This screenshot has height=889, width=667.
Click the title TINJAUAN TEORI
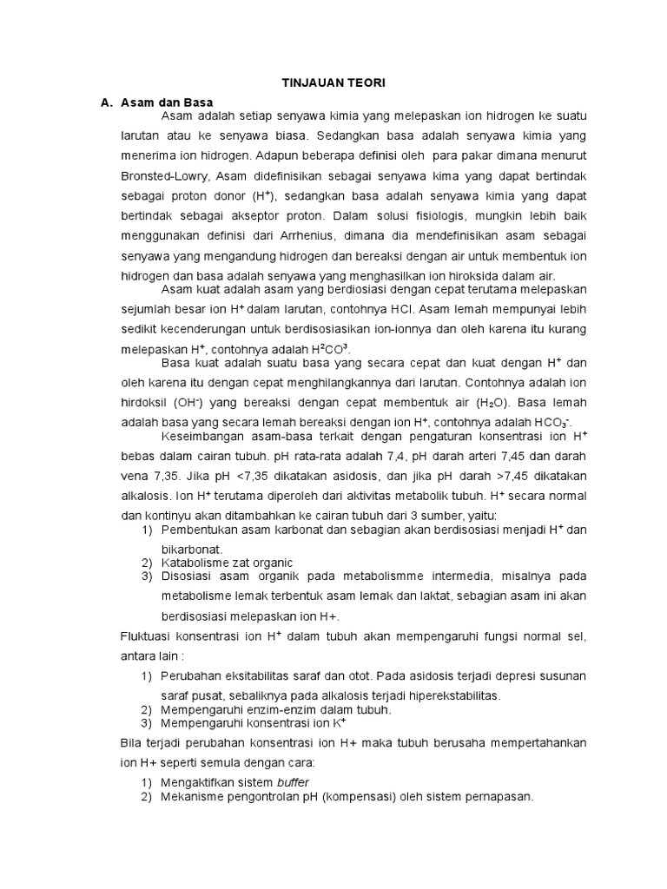click(333, 82)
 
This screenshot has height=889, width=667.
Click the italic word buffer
click(293, 781)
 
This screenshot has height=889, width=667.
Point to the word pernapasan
click(496, 796)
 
